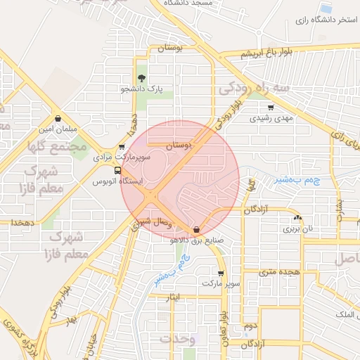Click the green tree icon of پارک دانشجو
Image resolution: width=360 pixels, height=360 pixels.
(141, 78)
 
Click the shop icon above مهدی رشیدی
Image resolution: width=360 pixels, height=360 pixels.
(271, 108)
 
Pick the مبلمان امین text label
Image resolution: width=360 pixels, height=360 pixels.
(56, 129)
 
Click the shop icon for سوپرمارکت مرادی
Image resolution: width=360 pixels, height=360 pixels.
(122, 147)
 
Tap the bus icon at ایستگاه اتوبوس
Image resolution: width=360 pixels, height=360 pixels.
(117, 170)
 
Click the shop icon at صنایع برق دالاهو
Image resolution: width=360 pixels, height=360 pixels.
(196, 229)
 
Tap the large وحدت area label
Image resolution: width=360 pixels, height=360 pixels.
(176, 339)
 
